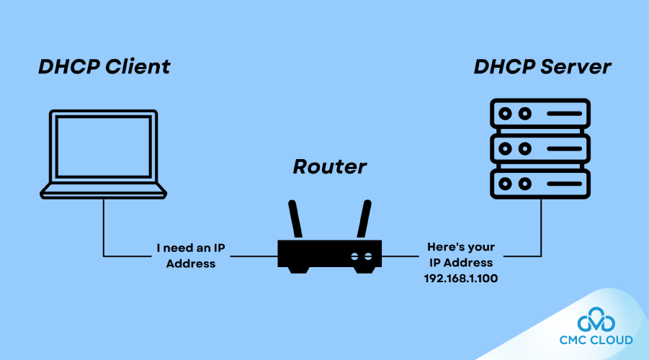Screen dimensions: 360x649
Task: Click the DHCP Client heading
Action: pos(104,67)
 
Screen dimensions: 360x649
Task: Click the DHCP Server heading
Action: pos(542,67)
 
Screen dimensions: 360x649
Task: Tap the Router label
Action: pos(329,167)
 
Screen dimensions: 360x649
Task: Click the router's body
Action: pos(329,255)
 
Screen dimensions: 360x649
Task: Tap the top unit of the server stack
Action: pos(540,114)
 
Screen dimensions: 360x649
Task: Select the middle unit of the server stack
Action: pos(540,148)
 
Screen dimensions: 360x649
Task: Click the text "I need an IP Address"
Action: pos(191,256)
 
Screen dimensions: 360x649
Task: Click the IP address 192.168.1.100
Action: pos(461,277)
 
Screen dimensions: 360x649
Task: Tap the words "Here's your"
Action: pos(461,247)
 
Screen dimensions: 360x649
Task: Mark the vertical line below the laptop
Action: pos(103,227)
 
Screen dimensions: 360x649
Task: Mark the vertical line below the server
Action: pos(540,227)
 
